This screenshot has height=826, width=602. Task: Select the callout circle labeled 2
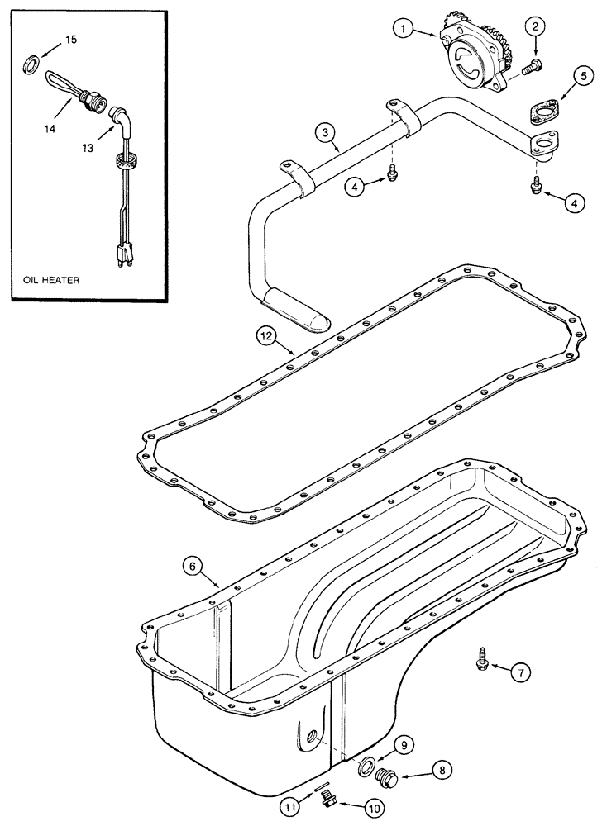(x=535, y=27)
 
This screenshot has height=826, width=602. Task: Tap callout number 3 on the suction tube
(x=325, y=132)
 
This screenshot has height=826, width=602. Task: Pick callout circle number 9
(x=398, y=747)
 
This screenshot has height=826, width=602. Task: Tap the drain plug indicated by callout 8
(x=385, y=778)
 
